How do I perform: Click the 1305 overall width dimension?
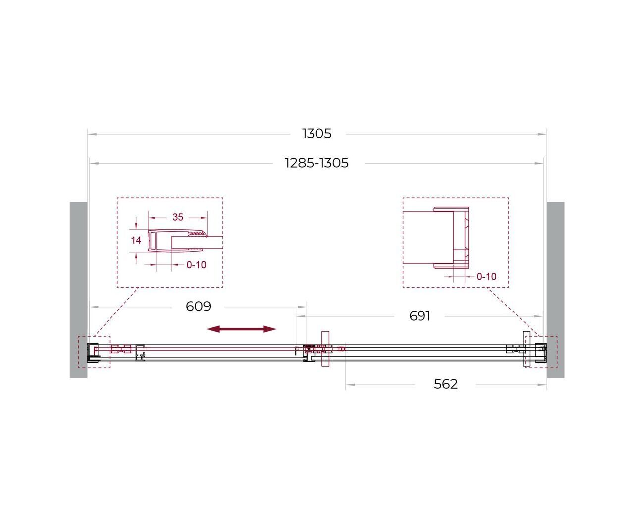(x=317, y=134)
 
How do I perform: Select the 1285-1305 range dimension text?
(x=317, y=163)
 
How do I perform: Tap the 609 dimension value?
(x=198, y=306)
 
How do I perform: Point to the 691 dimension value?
(x=420, y=316)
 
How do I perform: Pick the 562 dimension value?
(x=445, y=384)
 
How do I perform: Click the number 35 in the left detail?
(x=178, y=217)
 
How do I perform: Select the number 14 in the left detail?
(x=136, y=240)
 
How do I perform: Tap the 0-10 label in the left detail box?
(x=196, y=265)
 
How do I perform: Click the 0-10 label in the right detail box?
(x=486, y=277)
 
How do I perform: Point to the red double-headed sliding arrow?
(x=241, y=329)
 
